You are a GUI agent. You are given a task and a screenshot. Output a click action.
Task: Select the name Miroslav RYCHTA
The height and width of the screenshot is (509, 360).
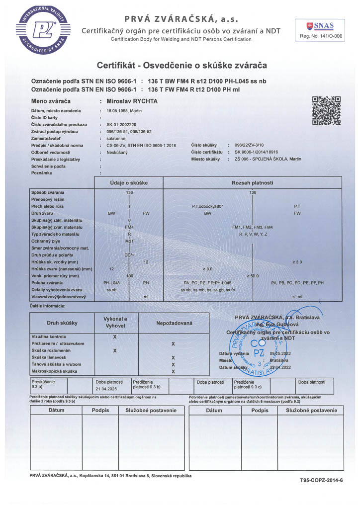[x=129, y=101]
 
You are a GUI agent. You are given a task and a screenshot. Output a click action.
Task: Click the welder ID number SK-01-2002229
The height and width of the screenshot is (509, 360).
[x=122, y=124]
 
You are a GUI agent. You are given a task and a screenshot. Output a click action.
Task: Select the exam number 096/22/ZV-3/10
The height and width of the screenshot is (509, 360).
[x=257, y=145]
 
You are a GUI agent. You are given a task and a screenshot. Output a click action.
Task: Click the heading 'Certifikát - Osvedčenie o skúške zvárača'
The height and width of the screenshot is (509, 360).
[x=182, y=65]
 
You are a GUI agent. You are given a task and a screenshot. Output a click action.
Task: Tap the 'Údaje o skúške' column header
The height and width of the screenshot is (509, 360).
[x=129, y=183]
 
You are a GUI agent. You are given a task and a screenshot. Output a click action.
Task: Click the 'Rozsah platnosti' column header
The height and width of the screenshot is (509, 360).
[x=253, y=183]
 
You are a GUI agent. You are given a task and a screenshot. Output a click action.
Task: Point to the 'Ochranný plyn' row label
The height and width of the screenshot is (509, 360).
[x=46, y=241]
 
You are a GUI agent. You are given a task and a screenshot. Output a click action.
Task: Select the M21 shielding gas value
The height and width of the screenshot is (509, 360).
[x=129, y=241]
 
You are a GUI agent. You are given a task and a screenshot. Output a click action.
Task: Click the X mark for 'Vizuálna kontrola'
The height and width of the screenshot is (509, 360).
[x=115, y=337]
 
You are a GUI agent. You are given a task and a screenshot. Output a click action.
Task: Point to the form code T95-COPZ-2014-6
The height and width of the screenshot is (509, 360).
[x=321, y=481]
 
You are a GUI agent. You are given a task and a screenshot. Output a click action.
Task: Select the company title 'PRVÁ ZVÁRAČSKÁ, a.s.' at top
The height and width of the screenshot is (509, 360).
[x=181, y=19]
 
